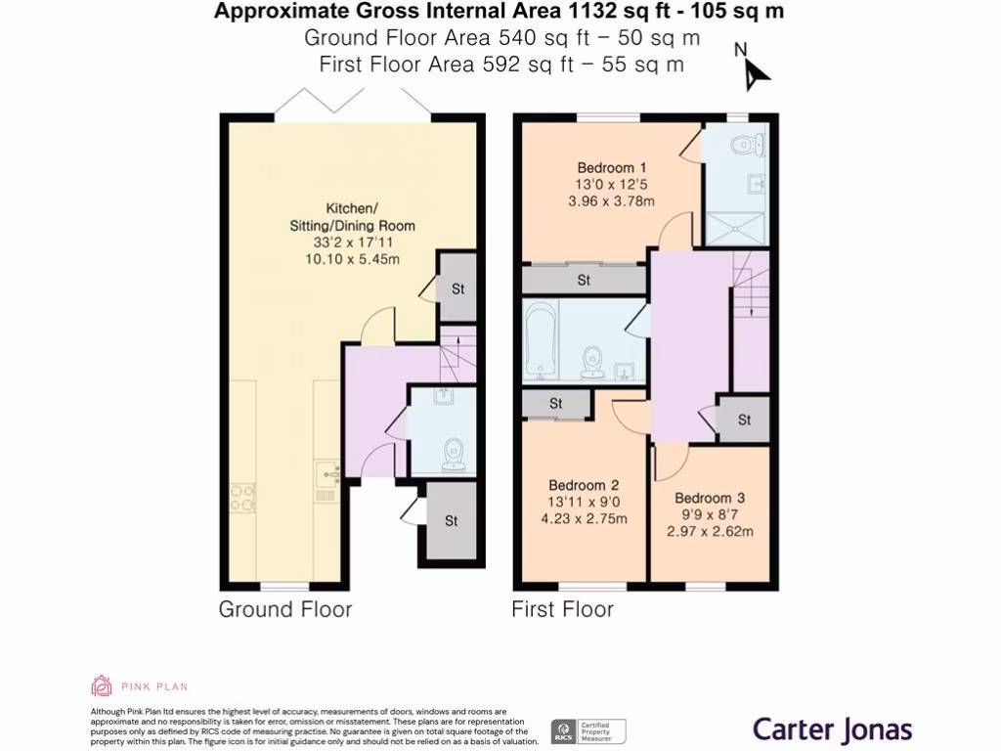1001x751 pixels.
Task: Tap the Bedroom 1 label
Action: pyautogui.click(x=612, y=168)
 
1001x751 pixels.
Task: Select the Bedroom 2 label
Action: pyautogui.click(x=584, y=485)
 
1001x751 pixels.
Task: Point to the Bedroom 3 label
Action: pyautogui.click(x=710, y=498)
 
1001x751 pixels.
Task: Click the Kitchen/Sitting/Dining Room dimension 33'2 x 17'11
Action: pyautogui.click(x=352, y=243)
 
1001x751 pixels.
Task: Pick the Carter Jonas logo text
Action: pyautogui.click(x=832, y=729)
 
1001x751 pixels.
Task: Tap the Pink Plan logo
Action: pyautogui.click(x=140, y=686)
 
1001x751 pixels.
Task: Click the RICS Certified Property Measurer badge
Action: pyautogui.click(x=588, y=731)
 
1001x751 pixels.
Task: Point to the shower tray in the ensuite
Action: pyautogui.click(x=734, y=228)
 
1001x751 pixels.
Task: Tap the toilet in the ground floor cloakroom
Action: pyautogui.click(x=454, y=454)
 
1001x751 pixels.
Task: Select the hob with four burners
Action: pyautogui.click(x=243, y=498)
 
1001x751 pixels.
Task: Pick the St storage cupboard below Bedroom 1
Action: pyautogui.click(x=585, y=279)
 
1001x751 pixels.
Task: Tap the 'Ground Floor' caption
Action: pyautogui.click(x=285, y=609)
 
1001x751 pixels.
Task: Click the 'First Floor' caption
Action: pyautogui.click(x=562, y=609)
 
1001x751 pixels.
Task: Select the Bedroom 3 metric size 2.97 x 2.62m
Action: pyautogui.click(x=710, y=531)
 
